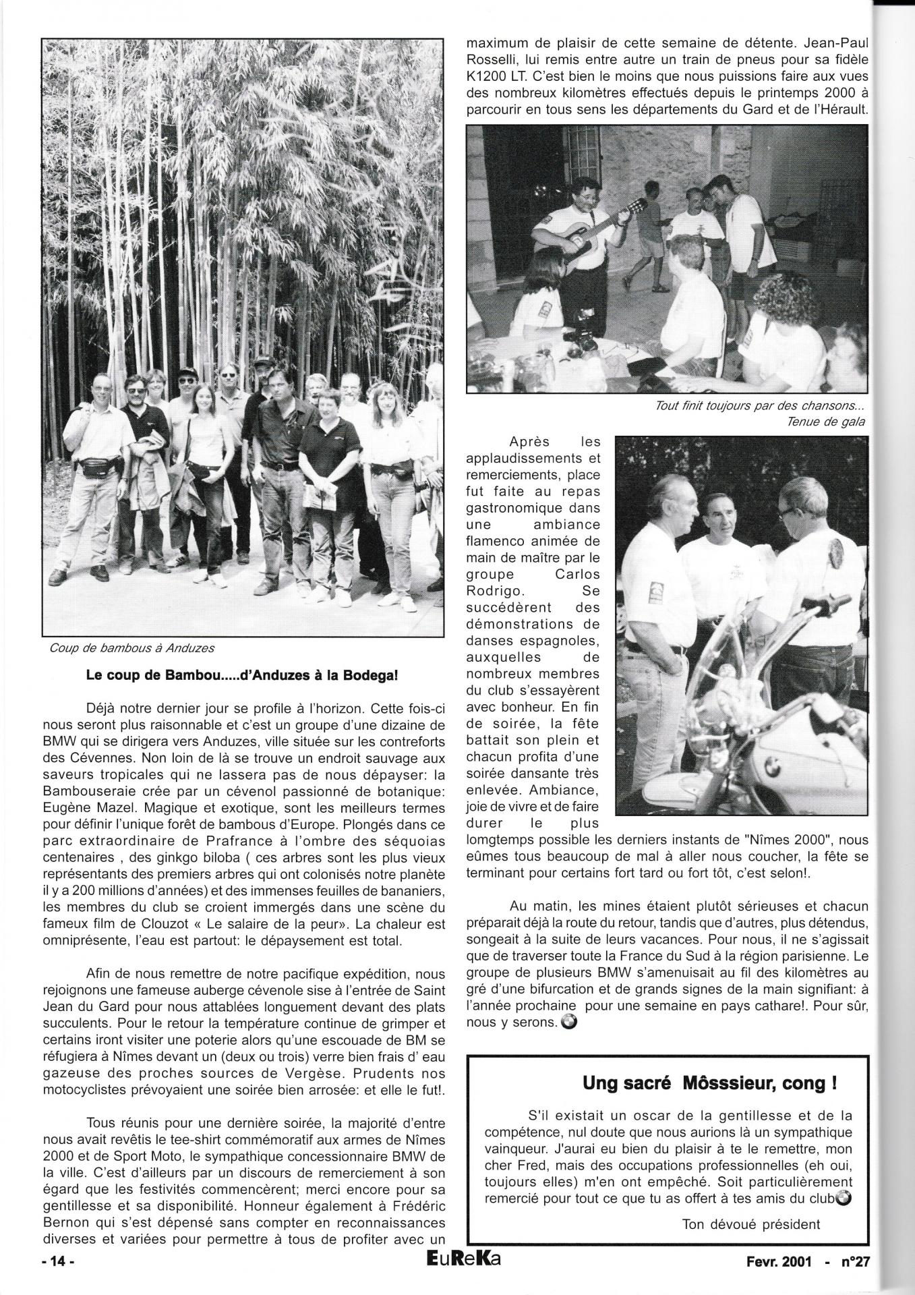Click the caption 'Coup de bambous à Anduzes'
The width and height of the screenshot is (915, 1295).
(x=131, y=648)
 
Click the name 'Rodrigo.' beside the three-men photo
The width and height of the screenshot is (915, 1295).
(x=489, y=592)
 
